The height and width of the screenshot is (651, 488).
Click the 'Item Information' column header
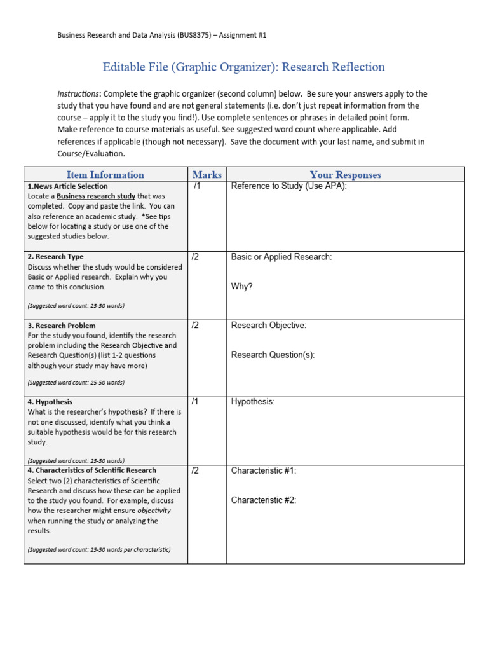click(105, 175)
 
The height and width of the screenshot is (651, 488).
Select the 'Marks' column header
click(207, 175)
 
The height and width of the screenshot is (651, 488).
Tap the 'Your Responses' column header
click(345, 175)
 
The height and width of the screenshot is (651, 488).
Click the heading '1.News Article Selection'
click(67, 186)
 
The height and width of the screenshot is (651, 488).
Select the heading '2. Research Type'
click(55, 257)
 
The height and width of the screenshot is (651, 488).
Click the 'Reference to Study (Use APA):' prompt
click(288, 186)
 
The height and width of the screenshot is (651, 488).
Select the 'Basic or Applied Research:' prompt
click(281, 257)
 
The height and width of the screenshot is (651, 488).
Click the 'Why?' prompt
click(241, 287)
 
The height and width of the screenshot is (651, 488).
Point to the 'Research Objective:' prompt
click(268, 325)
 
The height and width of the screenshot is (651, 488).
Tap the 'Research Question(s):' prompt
click(273, 355)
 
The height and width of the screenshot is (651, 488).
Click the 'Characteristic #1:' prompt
click(264, 470)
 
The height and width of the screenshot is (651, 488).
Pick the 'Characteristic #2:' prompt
click(264, 500)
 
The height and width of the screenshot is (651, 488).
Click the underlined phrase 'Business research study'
click(95, 196)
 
